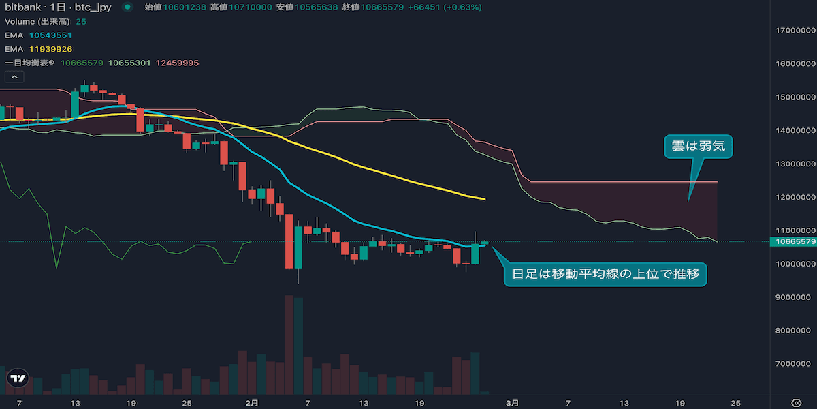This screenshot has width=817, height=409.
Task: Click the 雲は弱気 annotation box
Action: pos(698,147)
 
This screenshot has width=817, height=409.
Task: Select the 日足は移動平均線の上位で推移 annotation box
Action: pos(605,275)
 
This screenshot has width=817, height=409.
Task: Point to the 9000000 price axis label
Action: pos(794,297)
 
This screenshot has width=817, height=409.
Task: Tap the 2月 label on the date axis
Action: pos(251,402)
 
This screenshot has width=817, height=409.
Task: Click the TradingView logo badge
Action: pos(18,378)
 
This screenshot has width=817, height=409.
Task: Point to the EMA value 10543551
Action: pos(50,35)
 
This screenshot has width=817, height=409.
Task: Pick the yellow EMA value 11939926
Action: pos(50,49)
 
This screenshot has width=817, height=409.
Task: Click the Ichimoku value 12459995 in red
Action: pos(177,63)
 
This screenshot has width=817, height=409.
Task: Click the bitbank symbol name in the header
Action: pos(21,7)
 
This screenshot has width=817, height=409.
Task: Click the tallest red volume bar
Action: pos(289,344)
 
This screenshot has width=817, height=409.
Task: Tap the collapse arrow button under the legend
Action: pos(12,77)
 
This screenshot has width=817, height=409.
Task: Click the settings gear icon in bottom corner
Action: pos(796,402)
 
